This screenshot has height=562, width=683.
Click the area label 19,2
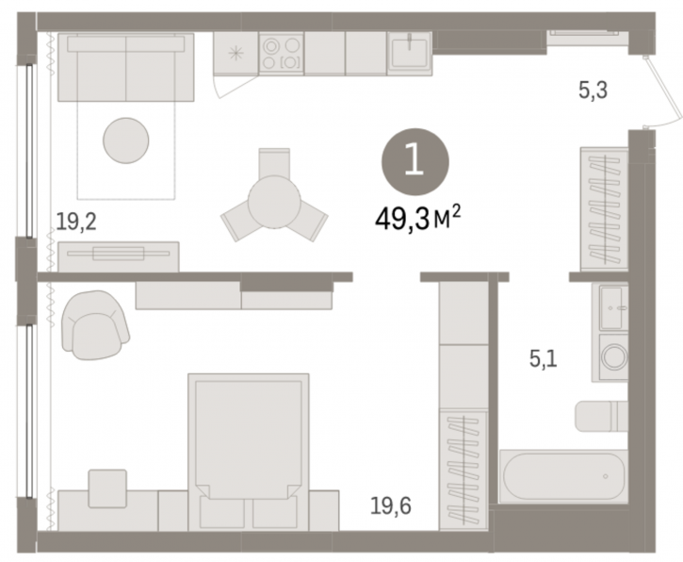click(x=76, y=223)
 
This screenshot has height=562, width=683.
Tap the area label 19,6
click(x=391, y=506)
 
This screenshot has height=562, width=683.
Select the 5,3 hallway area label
click(x=593, y=91)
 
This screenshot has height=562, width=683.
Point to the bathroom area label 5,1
click(x=544, y=359)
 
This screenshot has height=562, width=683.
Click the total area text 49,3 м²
click(x=417, y=219)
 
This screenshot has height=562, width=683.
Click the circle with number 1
click(x=415, y=162)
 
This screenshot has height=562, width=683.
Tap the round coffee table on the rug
click(x=126, y=140)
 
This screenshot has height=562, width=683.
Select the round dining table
click(x=274, y=202)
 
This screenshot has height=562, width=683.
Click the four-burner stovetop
click(x=282, y=53)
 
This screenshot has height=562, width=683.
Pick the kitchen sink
click(x=410, y=52)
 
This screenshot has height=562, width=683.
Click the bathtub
click(x=563, y=476)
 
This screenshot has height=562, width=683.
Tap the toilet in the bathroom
click(x=602, y=416)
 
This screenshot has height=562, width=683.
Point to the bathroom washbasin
click(x=613, y=307)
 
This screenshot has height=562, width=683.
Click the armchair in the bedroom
click(x=95, y=324)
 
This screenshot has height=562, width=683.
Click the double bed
click(x=249, y=451)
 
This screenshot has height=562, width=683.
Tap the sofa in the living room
click(x=126, y=67)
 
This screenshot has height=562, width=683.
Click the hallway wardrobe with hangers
click(x=604, y=209)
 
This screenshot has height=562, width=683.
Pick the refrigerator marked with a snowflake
click(x=236, y=53)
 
